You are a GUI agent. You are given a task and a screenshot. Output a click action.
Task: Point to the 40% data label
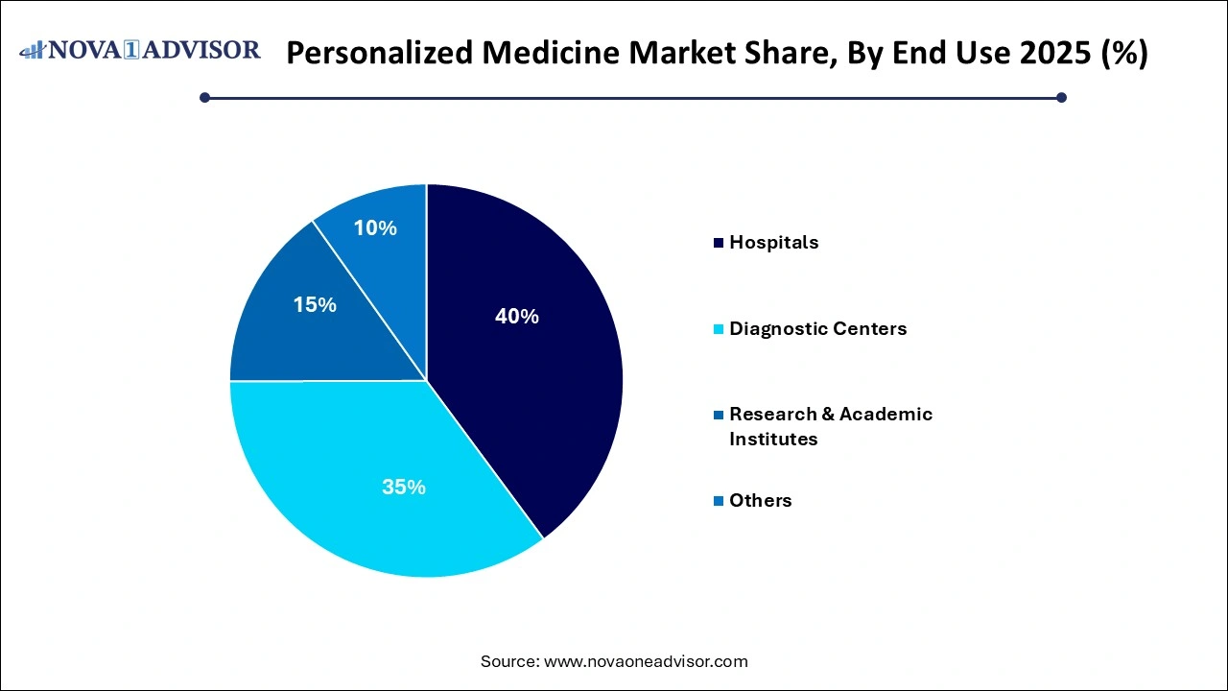516,316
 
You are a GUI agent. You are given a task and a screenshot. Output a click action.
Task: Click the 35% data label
403,488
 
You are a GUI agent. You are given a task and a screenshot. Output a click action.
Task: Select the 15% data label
315,305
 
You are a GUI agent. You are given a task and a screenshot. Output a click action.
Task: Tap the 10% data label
375,228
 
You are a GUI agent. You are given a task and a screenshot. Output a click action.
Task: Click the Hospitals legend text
773,243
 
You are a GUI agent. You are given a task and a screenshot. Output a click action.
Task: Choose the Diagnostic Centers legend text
817,329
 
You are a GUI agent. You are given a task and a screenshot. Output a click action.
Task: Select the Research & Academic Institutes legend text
830,426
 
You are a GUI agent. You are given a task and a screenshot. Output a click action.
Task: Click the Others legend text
760,501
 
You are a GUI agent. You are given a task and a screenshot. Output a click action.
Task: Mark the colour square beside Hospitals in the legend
718,243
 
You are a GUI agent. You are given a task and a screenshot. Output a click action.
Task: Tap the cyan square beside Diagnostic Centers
718,329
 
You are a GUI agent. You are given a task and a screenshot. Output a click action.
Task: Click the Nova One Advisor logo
140,50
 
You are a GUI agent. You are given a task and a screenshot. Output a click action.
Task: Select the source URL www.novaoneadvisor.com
646,661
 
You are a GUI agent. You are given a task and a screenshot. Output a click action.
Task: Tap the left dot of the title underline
205,97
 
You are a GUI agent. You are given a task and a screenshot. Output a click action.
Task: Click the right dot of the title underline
1061,97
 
